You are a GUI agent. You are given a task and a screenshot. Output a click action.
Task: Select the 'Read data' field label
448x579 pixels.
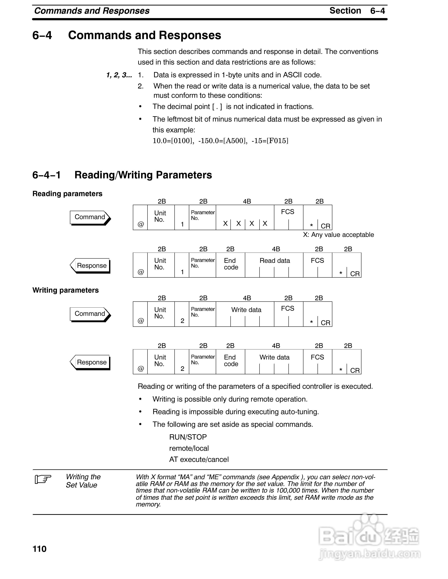coord(275,261)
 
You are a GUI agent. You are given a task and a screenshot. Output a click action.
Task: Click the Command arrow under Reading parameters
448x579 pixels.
coord(90,217)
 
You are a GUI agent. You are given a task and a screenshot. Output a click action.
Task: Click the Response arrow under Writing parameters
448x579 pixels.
coord(90,362)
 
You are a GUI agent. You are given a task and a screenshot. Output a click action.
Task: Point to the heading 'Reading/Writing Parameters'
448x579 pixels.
coord(143,175)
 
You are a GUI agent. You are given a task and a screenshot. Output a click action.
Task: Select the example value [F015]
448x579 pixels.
coord(277,141)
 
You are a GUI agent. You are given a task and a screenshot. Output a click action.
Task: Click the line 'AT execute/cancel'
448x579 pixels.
coord(199,459)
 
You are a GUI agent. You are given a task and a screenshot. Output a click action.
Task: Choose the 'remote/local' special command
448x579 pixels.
coord(189,448)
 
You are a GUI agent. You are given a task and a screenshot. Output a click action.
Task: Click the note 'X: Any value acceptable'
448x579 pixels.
coord(338,235)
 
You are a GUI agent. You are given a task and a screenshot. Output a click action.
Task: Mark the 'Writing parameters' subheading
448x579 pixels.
coord(66,290)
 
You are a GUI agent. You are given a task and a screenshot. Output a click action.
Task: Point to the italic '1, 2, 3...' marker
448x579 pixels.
coord(119,75)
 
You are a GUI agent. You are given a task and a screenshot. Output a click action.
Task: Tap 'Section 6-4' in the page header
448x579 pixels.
coord(357,11)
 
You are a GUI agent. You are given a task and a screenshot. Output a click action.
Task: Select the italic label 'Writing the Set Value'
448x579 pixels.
coord(83,481)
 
